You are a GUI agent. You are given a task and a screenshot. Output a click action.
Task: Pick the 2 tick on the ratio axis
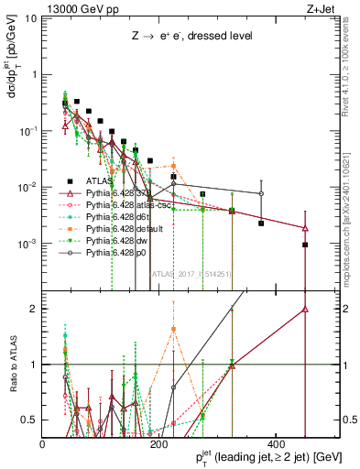pos(36,309)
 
